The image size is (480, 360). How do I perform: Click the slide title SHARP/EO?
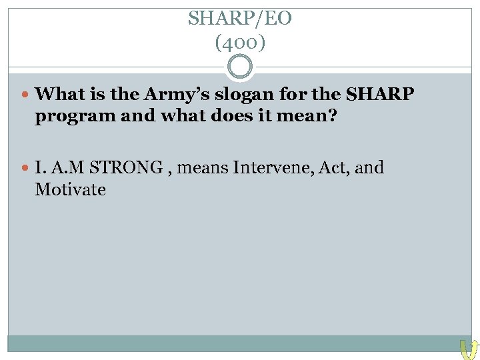pyautogui.click(x=239, y=18)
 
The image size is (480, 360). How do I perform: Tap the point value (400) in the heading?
pyautogui.click(x=240, y=43)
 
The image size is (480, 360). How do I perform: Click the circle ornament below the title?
pyautogui.click(x=240, y=67)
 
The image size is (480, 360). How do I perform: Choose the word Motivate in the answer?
pyautogui.click(x=70, y=190)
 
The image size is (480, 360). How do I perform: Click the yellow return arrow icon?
pyautogui.click(x=467, y=348)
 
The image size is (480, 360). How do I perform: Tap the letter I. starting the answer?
pyautogui.click(x=41, y=167)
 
